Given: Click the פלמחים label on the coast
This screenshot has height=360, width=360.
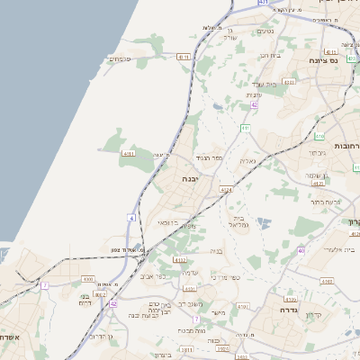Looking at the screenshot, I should tap(120, 59).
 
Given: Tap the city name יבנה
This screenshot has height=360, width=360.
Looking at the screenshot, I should tap(191, 179).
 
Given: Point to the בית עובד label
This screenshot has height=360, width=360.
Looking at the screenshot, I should tap(270, 55).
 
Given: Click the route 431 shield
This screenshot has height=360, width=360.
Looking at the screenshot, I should tap(263, 4).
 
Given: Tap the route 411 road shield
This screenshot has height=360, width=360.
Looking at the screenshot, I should tap(245, 128).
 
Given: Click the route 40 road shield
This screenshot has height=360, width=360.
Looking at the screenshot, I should tap(301, 249).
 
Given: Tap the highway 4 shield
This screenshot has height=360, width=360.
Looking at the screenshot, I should tap(132, 218).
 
